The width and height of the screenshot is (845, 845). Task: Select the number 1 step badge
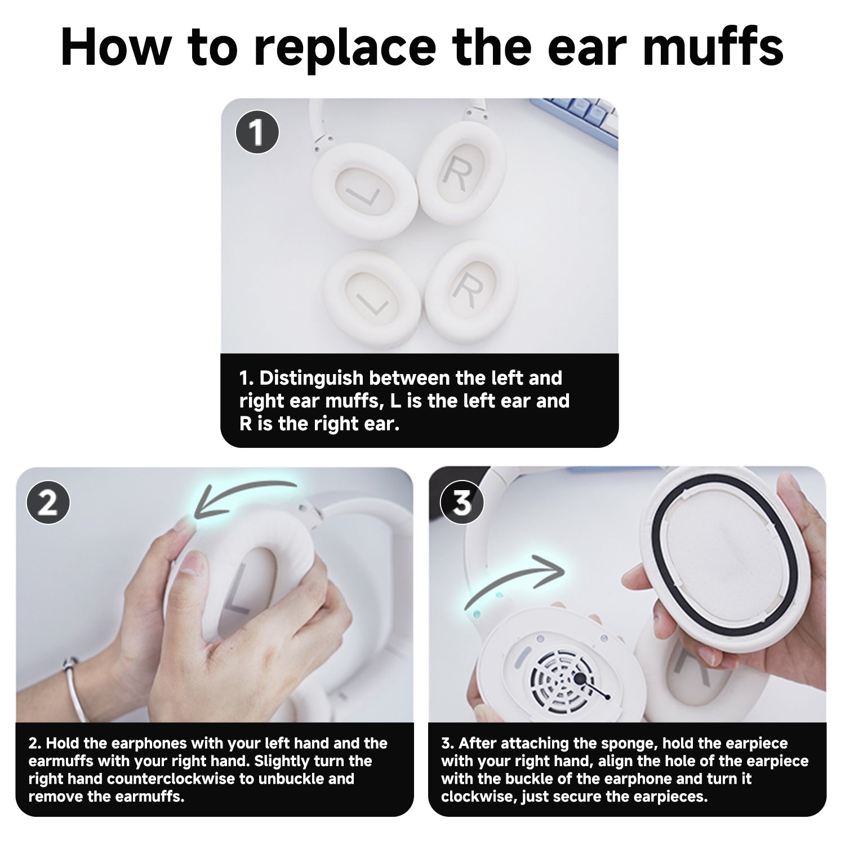(257, 132)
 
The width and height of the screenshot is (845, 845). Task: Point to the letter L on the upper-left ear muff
(363, 195)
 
